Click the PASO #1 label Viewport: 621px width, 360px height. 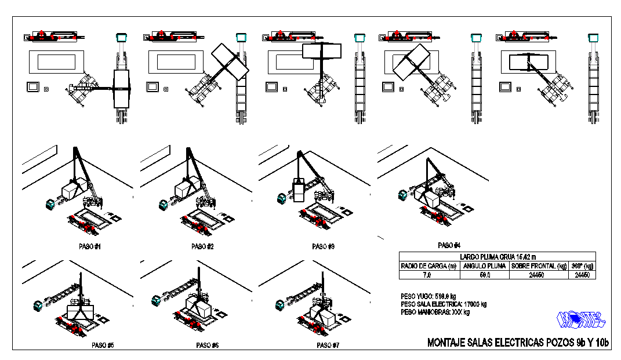(90, 246)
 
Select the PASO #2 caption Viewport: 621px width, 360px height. (202, 246)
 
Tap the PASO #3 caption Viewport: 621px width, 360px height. (323, 246)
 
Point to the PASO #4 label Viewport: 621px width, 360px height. (449, 245)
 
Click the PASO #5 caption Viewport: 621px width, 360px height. (102, 345)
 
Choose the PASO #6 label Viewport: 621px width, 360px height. (207, 345)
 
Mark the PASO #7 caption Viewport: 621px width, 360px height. (328, 345)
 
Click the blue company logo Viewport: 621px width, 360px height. (580, 318)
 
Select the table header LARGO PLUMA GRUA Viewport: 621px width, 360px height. (497, 256)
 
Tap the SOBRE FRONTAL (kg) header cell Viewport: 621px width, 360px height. (538, 266)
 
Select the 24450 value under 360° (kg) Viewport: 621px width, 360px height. (582, 275)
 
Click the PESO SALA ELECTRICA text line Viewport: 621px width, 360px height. (444, 303)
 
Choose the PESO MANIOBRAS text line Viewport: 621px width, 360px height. (435, 311)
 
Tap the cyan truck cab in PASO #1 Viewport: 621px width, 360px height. (50, 205)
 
